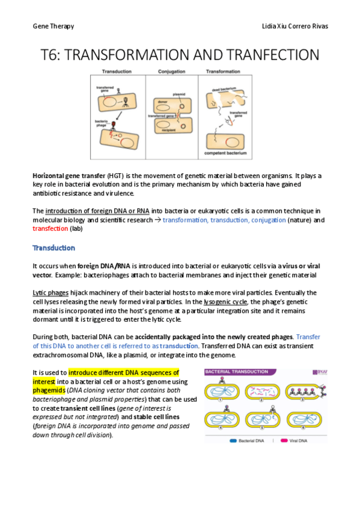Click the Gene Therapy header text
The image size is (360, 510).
coord(53,27)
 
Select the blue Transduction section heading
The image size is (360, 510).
coord(53,248)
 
